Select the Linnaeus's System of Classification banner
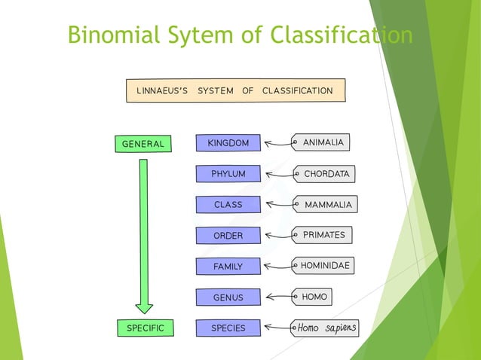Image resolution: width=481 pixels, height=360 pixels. coord(235,91)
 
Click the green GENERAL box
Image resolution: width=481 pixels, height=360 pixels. coord(143,144)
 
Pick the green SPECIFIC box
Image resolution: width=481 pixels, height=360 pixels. coord(145,328)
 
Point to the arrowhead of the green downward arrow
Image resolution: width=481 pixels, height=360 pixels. coord(144,307)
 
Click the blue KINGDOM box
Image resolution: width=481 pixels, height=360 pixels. coord(228,143)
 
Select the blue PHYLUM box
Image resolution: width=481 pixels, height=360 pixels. coord(228,174)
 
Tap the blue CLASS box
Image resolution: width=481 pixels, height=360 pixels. coord(228,205)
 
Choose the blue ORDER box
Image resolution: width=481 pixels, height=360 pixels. coord(228,236)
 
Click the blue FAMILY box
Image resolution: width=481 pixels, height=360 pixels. coord(228,267)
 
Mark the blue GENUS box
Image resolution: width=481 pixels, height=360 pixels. coord(228,297)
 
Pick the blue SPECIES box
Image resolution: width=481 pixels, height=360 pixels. coord(228,328)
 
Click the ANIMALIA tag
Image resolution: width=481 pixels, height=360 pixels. coord(322,142)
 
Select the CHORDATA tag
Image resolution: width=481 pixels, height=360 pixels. coord(324,174)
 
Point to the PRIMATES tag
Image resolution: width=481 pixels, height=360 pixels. coord(323,235)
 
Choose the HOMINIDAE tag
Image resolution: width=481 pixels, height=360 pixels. coord(323,266)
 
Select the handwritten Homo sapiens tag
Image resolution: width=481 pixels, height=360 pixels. coord(325,328)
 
